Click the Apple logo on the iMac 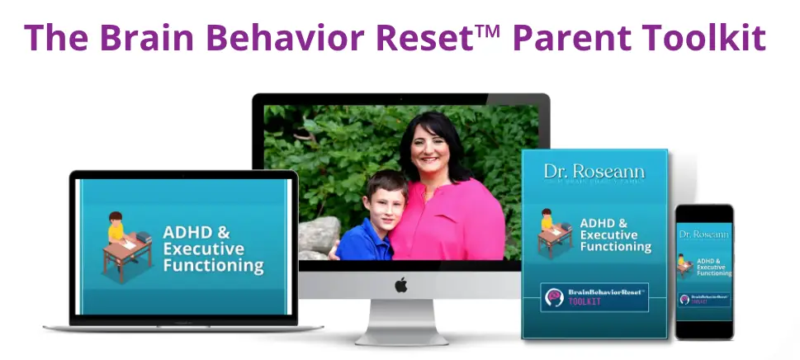pyautogui.click(x=400, y=286)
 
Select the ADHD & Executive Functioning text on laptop pyautogui.click(x=213, y=248)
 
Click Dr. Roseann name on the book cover pyautogui.click(x=594, y=173)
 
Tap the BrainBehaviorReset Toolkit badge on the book pyautogui.click(x=594, y=297)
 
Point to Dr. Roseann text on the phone pyautogui.click(x=703, y=234)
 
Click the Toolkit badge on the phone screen pyautogui.click(x=703, y=299)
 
